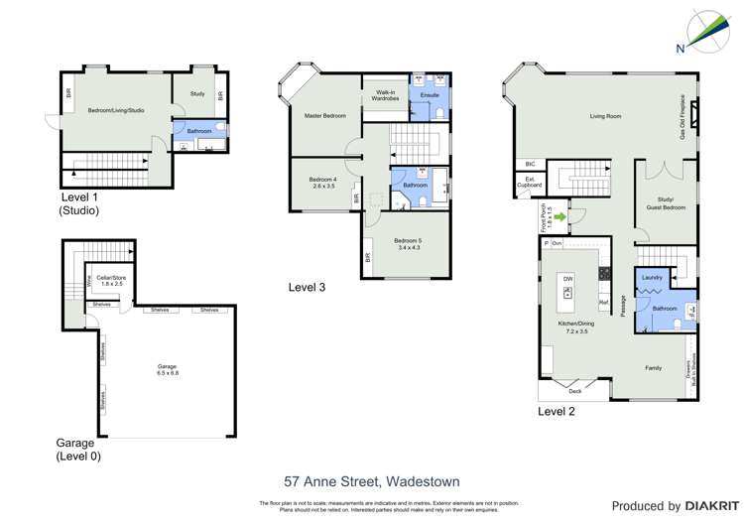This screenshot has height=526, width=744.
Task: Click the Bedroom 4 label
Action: pyautogui.click(x=324, y=182)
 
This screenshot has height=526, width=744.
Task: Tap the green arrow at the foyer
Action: pyautogui.click(x=560, y=215)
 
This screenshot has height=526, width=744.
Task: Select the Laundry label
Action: pyautogui.click(x=652, y=278)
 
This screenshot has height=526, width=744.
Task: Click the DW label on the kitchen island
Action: pyautogui.click(x=568, y=280)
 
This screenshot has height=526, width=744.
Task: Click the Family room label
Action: pyautogui.click(x=654, y=367)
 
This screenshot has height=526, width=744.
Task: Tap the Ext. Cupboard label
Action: pyautogui.click(x=526, y=183)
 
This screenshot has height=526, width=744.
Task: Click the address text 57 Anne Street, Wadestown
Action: pyautogui.click(x=372, y=481)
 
